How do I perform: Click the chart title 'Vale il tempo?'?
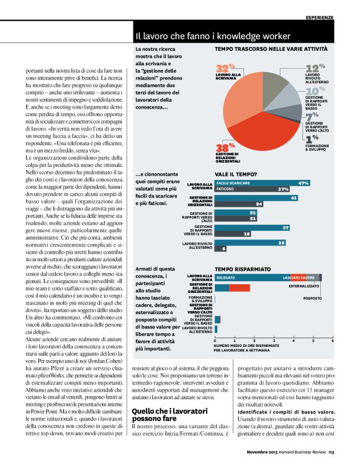tap(233, 176)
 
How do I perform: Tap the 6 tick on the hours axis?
tap(333, 341)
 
